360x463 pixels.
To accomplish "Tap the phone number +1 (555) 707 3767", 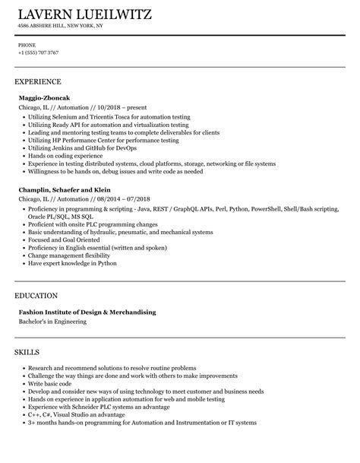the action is pos(38,53).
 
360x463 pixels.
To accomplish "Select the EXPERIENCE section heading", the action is pos(38,81).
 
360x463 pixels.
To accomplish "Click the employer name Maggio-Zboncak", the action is pos(46,98).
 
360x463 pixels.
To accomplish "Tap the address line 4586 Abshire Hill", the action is pos(61,26).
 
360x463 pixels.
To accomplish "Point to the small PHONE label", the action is pos(27,45).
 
